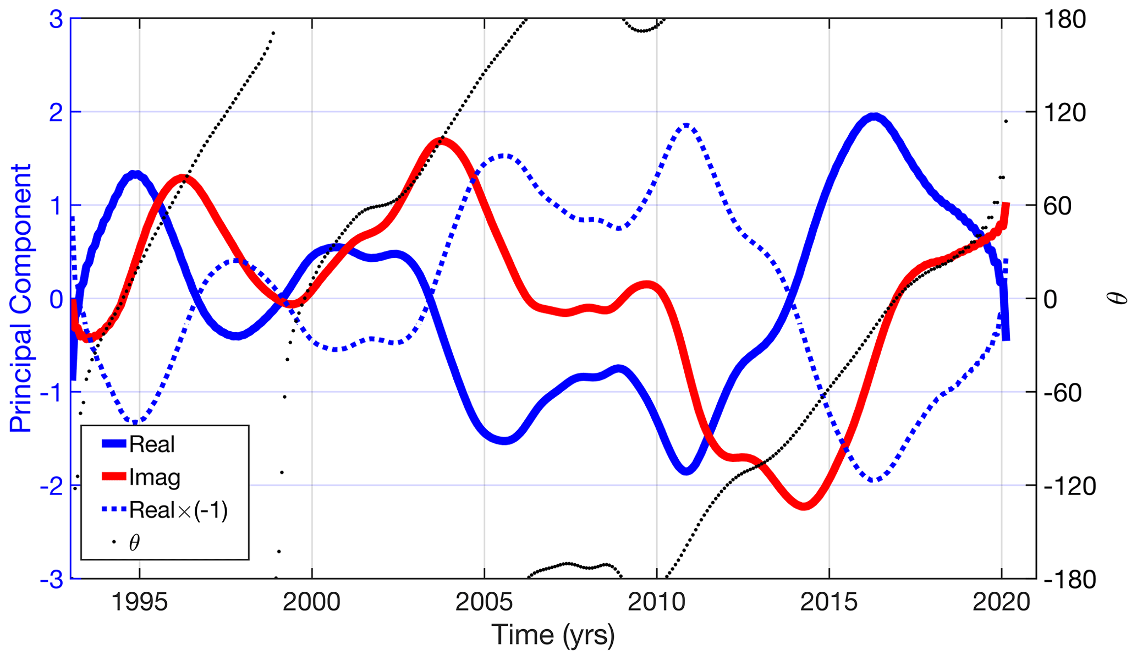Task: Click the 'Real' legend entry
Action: (151, 444)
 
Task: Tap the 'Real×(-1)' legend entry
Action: (178, 510)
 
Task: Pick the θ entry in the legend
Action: (134, 543)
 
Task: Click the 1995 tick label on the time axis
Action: (139, 602)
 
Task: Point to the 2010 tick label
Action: (656, 602)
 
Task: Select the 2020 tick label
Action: (1001, 602)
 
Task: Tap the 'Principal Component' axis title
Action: (21, 298)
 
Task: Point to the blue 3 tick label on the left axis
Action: (56, 20)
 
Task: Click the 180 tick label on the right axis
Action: (1065, 20)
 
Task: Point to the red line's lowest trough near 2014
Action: (804, 505)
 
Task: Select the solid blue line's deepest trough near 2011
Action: (686, 470)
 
